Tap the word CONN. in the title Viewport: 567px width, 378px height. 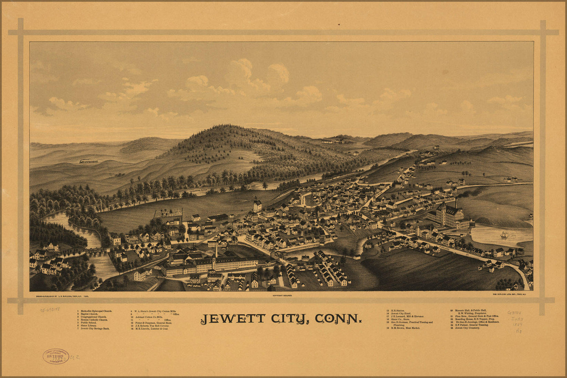(x=338, y=319)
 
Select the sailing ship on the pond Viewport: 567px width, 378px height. (x=504, y=235)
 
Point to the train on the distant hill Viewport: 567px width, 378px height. (x=88, y=161)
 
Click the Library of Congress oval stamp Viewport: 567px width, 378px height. (x=56, y=356)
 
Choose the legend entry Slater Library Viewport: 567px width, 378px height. (x=89, y=325)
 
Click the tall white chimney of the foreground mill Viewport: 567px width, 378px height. (x=216, y=250)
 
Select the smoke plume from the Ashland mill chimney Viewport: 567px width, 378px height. (x=469, y=193)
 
